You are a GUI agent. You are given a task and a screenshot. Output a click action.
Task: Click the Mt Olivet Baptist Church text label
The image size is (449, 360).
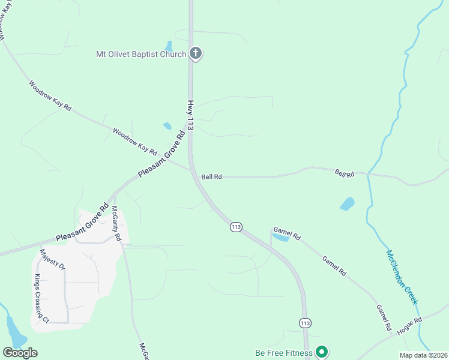[x=141, y=54]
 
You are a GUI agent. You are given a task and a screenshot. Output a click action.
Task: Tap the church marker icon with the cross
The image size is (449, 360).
[x=195, y=53]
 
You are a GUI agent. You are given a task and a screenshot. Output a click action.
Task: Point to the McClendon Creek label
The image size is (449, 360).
[x=402, y=277]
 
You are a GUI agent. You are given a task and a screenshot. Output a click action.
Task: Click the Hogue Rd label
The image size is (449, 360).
[x=410, y=327]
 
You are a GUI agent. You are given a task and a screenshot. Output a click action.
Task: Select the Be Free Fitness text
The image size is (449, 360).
[x=284, y=352]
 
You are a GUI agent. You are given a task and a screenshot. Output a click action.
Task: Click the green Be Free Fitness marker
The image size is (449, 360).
[x=322, y=352]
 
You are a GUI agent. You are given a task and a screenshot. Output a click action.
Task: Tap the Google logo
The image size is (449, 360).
[x=20, y=353]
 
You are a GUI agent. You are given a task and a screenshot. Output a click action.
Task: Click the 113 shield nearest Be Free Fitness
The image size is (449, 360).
[x=305, y=323]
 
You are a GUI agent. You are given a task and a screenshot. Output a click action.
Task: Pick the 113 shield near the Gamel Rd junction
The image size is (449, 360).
[x=236, y=227]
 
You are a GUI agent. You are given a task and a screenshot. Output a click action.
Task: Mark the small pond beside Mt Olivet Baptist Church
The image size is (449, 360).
[x=169, y=46]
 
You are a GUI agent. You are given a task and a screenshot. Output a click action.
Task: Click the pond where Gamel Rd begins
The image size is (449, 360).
[x=280, y=238]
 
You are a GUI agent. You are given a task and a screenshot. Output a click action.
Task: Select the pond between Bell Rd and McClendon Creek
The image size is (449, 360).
[x=347, y=204]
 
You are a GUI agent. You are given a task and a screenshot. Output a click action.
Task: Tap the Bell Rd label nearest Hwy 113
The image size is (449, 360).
[x=212, y=177]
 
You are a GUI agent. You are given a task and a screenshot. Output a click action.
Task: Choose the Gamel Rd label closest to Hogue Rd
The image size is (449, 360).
[x=384, y=318]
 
